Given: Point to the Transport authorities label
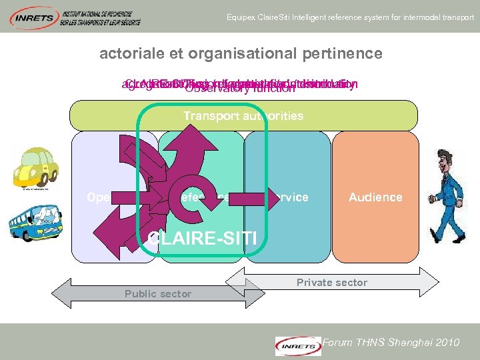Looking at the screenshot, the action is tap(243, 116).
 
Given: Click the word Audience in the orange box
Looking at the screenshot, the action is tap(375, 197).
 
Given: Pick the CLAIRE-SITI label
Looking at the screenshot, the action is tap(203, 238).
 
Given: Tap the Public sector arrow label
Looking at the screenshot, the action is tap(158, 294).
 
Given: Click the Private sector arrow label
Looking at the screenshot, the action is tap(332, 283).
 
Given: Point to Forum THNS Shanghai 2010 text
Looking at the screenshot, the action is tap(391, 343).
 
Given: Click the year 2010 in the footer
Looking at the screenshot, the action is tap(446, 343).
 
